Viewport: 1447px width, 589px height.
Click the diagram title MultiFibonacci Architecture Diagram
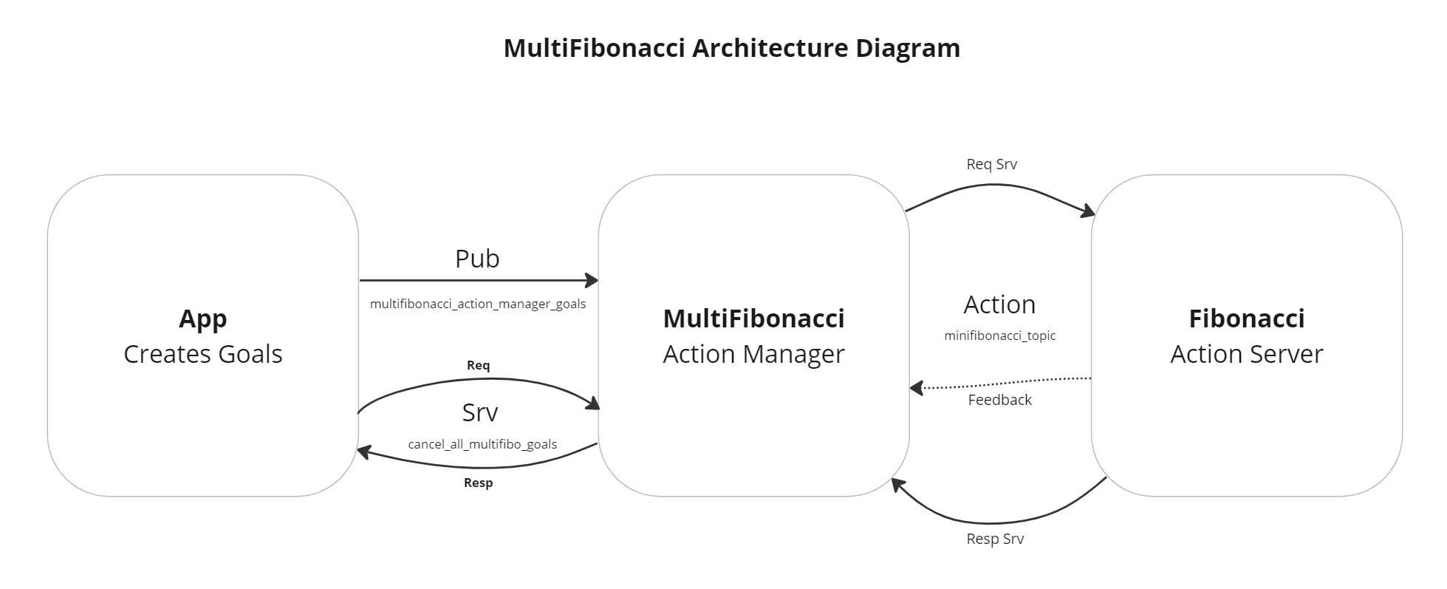tap(731, 48)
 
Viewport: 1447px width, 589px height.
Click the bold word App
tap(202, 319)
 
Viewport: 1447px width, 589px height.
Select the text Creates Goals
tap(202, 354)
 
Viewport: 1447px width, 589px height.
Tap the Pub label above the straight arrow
tap(477, 259)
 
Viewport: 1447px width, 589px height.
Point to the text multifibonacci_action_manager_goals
tap(477, 304)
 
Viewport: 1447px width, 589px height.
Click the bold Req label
tap(478, 365)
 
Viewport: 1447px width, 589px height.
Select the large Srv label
tap(479, 412)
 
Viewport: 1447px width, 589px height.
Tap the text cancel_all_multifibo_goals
tap(482, 444)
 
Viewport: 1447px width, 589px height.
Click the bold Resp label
tap(478, 483)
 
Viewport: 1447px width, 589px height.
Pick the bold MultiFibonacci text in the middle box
tap(753, 319)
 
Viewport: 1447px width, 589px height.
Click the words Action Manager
tap(753, 354)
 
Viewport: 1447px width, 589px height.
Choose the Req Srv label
tap(991, 164)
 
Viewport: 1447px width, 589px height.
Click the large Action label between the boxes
tap(999, 304)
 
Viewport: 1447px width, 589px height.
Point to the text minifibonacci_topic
tap(999, 336)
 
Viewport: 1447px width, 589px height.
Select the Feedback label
tap(999, 400)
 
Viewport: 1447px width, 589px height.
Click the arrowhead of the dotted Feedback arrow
tap(916, 387)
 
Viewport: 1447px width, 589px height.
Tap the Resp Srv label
tap(994, 539)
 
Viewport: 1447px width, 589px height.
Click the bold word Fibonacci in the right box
tap(1246, 319)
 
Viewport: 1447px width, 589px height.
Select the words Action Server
tap(1246, 354)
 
